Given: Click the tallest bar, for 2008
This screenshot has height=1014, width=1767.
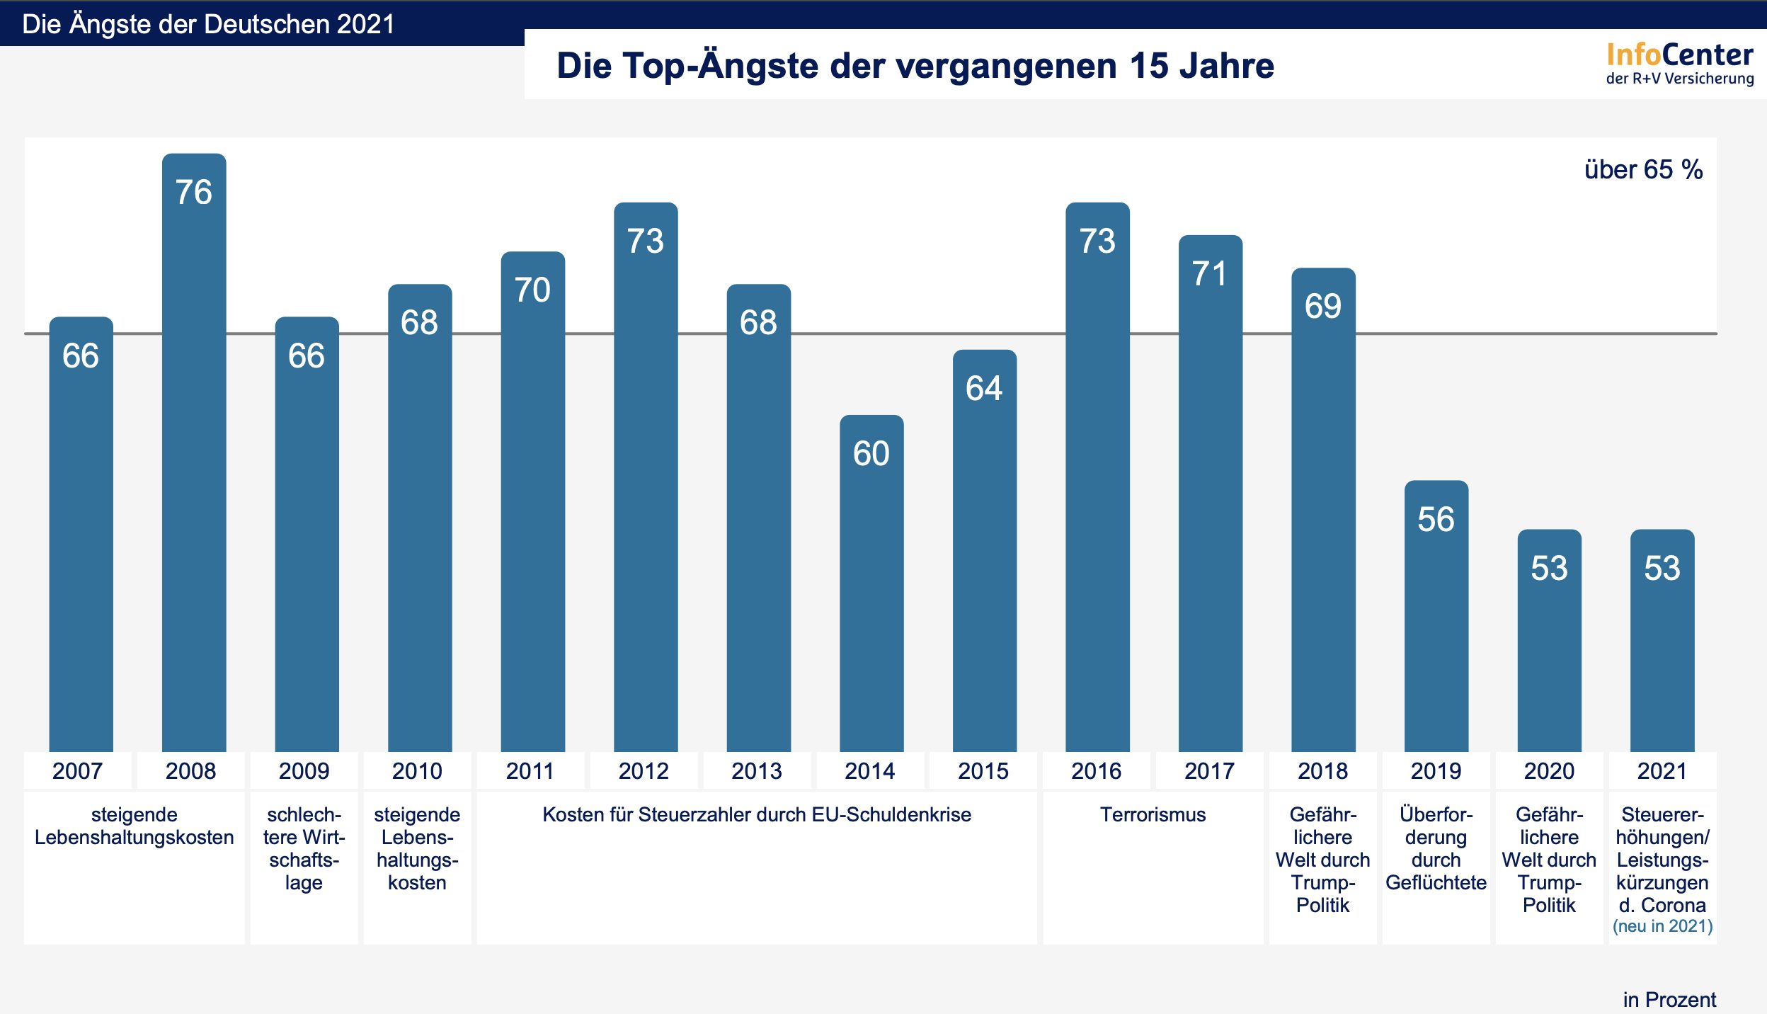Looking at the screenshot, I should coord(194,453).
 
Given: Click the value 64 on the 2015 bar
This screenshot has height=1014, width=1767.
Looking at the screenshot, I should coord(984,388).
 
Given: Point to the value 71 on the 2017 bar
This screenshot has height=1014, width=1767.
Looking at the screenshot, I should coord(1209,274).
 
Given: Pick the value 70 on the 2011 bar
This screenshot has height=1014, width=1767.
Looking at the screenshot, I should coord(532,290).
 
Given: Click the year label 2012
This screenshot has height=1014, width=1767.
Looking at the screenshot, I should coord(644,770).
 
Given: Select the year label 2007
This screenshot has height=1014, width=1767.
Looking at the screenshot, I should coord(77,770).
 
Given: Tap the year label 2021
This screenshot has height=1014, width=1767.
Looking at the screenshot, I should coord(1662,770).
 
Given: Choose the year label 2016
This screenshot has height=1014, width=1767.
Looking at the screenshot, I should coord(1096,770).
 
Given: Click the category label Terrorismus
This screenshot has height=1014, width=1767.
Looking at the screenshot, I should coord(1153,814).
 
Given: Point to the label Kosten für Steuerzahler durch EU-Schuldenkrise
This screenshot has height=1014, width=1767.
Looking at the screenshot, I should coord(757,814).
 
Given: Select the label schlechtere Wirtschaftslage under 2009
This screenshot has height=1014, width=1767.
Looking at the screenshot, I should coord(304,848).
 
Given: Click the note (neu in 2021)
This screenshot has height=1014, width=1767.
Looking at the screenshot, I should coord(1662,926).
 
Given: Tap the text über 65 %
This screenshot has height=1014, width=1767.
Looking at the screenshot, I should coord(1643,170).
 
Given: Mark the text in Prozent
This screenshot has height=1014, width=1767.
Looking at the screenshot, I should coord(1669,999).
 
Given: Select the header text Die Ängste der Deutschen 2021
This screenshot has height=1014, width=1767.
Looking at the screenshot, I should coord(208,24).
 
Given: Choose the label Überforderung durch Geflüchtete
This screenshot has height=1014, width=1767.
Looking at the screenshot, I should coord(1436,848).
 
